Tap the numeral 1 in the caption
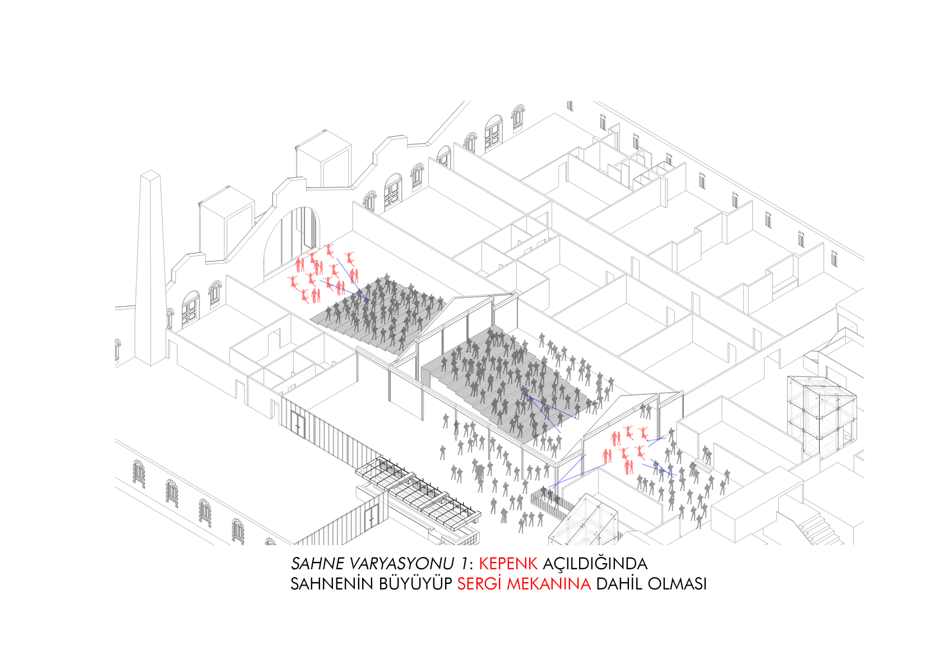pyautogui.click(x=464, y=564)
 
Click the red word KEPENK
pyautogui.click(x=508, y=564)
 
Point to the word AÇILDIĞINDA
pyautogui.click(x=595, y=563)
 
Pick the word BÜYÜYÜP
pyautogui.click(x=415, y=584)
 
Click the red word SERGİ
pyautogui.click(x=479, y=584)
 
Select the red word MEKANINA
pyautogui.click(x=549, y=584)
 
